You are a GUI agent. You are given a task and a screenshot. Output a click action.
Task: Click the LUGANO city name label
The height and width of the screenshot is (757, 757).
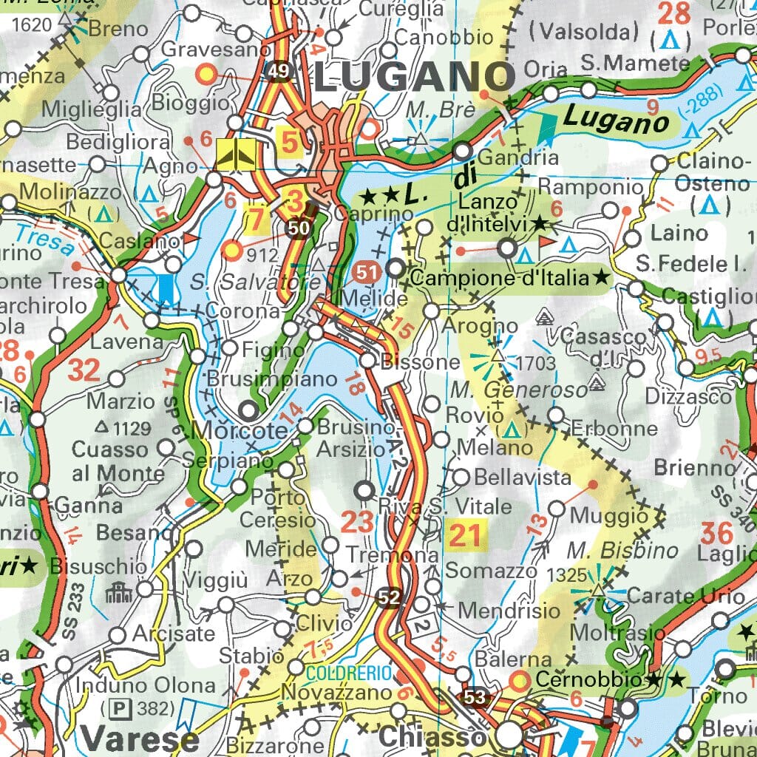(x=414, y=76)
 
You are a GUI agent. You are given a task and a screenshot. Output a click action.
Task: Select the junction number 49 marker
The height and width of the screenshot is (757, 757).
(x=279, y=71)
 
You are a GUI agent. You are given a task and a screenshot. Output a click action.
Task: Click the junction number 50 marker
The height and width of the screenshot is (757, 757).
(x=298, y=228)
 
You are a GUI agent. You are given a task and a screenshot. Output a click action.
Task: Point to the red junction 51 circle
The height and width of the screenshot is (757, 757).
(x=365, y=272)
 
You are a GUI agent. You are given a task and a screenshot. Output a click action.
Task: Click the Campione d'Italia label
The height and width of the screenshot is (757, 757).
(x=503, y=279)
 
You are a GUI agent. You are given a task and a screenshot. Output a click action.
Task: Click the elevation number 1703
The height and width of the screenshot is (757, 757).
(x=535, y=363)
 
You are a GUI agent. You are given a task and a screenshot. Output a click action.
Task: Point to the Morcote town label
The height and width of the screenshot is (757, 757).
(x=238, y=430)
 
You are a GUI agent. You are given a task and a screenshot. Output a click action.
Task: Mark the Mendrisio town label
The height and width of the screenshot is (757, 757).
(x=509, y=611)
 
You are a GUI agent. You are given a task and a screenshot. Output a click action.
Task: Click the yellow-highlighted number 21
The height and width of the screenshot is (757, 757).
(x=464, y=535)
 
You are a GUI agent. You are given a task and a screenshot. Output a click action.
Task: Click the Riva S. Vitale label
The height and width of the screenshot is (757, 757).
(x=444, y=506)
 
